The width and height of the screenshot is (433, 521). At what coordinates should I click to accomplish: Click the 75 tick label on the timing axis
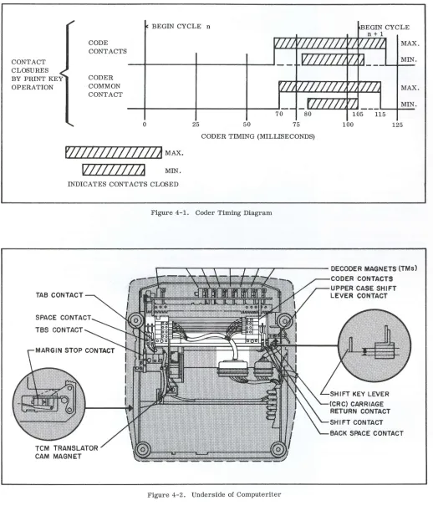pos(296,125)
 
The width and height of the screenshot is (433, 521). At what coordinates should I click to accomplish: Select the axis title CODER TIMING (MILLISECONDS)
pos(257,136)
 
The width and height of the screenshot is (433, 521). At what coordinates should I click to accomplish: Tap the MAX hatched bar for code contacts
pos(329,43)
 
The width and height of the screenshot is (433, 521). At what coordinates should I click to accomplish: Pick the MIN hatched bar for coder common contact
pos(333,104)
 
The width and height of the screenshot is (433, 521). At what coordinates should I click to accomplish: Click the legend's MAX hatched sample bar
pos(114,152)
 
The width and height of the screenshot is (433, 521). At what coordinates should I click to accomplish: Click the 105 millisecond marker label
pos(358,115)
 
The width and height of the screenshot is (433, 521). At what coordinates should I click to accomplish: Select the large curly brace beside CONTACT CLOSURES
pos(68,73)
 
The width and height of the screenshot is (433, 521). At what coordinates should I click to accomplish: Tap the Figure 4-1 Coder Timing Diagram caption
pos(211,212)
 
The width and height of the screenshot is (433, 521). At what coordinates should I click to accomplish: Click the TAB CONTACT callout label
pos(59,295)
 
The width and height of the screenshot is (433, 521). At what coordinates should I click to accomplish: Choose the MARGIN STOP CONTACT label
pos(74,350)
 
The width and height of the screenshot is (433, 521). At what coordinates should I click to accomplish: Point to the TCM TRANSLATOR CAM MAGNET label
pos(66,452)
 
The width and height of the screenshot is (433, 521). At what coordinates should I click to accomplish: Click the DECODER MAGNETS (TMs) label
pos(374,268)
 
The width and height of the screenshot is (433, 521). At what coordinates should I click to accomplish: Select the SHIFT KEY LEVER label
pos(359,394)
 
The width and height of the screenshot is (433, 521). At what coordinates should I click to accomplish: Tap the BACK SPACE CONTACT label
pos(367,433)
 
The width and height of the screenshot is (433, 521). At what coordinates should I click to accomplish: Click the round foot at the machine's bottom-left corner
pos(142,449)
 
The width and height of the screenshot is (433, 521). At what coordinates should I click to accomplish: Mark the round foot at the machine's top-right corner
pos(284,320)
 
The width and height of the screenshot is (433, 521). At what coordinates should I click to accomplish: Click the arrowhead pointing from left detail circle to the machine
pos(131,408)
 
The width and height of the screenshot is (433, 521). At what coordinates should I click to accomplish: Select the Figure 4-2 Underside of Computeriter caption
pos(214,495)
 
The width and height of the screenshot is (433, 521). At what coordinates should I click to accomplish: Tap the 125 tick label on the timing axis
pos(397,125)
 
